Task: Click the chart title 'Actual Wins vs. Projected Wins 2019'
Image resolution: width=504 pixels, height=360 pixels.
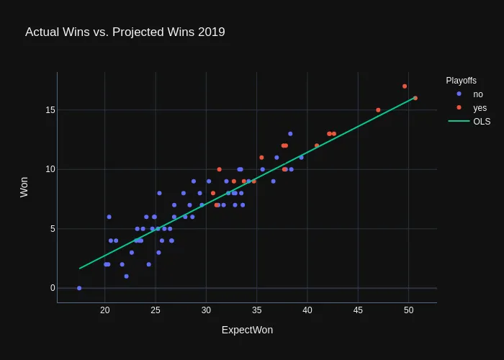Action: (125, 32)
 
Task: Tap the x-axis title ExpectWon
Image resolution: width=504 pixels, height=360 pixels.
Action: (247, 330)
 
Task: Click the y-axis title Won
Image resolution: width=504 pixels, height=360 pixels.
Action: (24, 187)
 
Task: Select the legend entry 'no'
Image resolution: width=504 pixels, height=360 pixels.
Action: (477, 94)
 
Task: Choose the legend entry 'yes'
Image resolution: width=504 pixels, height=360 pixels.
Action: (480, 108)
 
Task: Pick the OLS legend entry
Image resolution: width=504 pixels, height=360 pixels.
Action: (481, 122)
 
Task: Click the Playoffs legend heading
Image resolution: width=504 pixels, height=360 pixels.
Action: (461, 81)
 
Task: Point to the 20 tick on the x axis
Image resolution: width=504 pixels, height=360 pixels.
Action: (105, 310)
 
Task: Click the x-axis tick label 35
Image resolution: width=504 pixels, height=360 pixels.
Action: (257, 310)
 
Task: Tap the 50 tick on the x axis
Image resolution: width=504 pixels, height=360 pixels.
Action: (408, 310)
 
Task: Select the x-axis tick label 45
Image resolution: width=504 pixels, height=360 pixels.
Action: (358, 310)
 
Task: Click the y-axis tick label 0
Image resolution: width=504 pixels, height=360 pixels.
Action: (53, 288)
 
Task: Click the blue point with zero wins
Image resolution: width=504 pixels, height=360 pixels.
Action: (79, 288)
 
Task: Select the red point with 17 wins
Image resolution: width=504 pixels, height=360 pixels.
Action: (405, 86)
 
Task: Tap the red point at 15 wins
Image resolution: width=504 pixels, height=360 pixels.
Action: (378, 110)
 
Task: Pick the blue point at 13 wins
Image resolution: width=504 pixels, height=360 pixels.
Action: (290, 134)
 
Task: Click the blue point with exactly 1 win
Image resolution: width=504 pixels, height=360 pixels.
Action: (126, 276)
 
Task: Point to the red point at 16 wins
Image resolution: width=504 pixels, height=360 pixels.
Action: (415, 98)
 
